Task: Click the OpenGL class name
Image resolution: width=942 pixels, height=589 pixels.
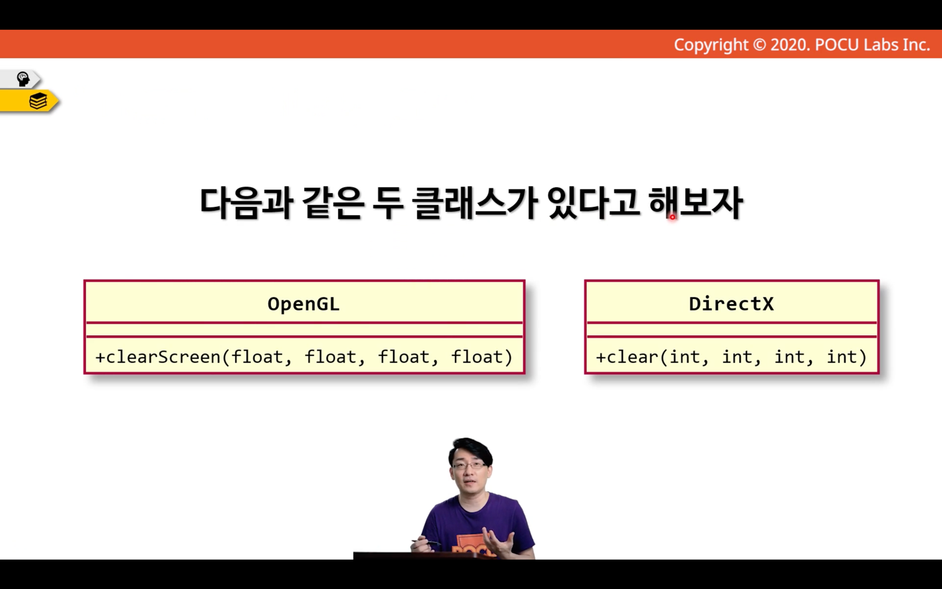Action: click(303, 304)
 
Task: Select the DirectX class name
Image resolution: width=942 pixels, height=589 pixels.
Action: click(731, 304)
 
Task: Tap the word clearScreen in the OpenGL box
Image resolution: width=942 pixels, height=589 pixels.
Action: click(163, 357)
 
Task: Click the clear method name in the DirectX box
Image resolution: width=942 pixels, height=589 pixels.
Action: click(633, 357)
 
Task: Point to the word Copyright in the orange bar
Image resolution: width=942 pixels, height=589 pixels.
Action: click(711, 45)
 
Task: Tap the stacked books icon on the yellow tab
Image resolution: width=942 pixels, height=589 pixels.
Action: click(38, 101)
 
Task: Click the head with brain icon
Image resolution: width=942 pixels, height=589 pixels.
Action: click(23, 79)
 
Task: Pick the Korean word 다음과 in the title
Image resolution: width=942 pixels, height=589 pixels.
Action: click(246, 203)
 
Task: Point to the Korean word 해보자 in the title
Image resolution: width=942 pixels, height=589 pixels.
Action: click(695, 203)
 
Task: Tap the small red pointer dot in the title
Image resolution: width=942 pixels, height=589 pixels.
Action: click(672, 217)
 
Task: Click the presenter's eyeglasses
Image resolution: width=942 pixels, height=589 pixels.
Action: click(469, 466)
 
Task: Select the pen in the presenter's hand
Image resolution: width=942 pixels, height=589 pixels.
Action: click(426, 542)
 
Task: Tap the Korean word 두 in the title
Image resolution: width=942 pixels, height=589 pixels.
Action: click(388, 203)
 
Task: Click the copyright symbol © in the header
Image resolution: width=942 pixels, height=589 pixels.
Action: click(759, 45)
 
